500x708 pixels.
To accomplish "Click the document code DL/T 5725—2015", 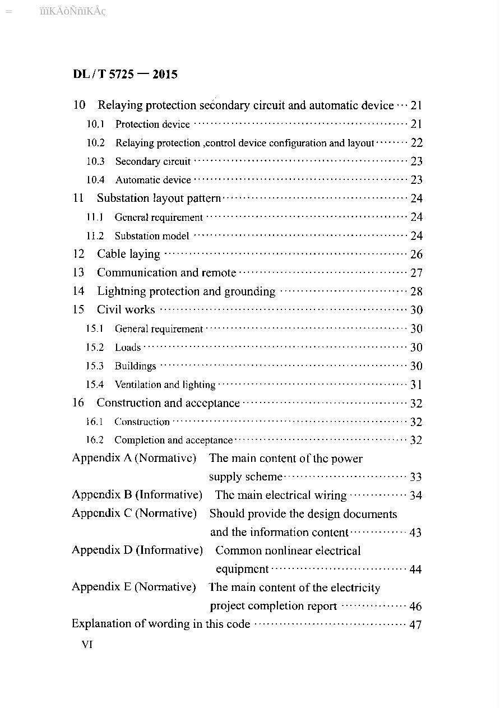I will click(125, 74).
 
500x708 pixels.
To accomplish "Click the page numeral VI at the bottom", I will click(87, 645).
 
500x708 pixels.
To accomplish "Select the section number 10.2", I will click(95, 143).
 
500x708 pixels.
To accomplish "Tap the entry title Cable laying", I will click(128, 254).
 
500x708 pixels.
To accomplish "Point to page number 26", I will click(416, 254).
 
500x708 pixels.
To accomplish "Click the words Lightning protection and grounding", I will click(186, 291).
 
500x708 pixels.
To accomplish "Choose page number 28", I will click(416, 291).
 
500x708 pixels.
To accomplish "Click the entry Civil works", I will click(126, 309).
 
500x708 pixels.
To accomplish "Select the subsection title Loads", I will click(128, 348).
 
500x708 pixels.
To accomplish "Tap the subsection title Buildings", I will click(135, 366).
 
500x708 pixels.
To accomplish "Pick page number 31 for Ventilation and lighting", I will click(416, 385).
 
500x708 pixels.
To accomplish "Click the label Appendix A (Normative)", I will click(134, 458).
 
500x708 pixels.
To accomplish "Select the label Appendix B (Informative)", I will click(137, 495).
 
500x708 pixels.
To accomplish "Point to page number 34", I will click(415, 496).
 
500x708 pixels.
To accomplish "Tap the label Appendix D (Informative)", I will click(137, 550).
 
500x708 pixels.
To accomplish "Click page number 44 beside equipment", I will click(415, 570).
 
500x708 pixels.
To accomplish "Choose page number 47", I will click(415, 624).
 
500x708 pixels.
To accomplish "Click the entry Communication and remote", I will click(166, 273).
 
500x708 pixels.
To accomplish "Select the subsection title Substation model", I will click(152, 236).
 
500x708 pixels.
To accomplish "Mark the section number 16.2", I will click(95, 440).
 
